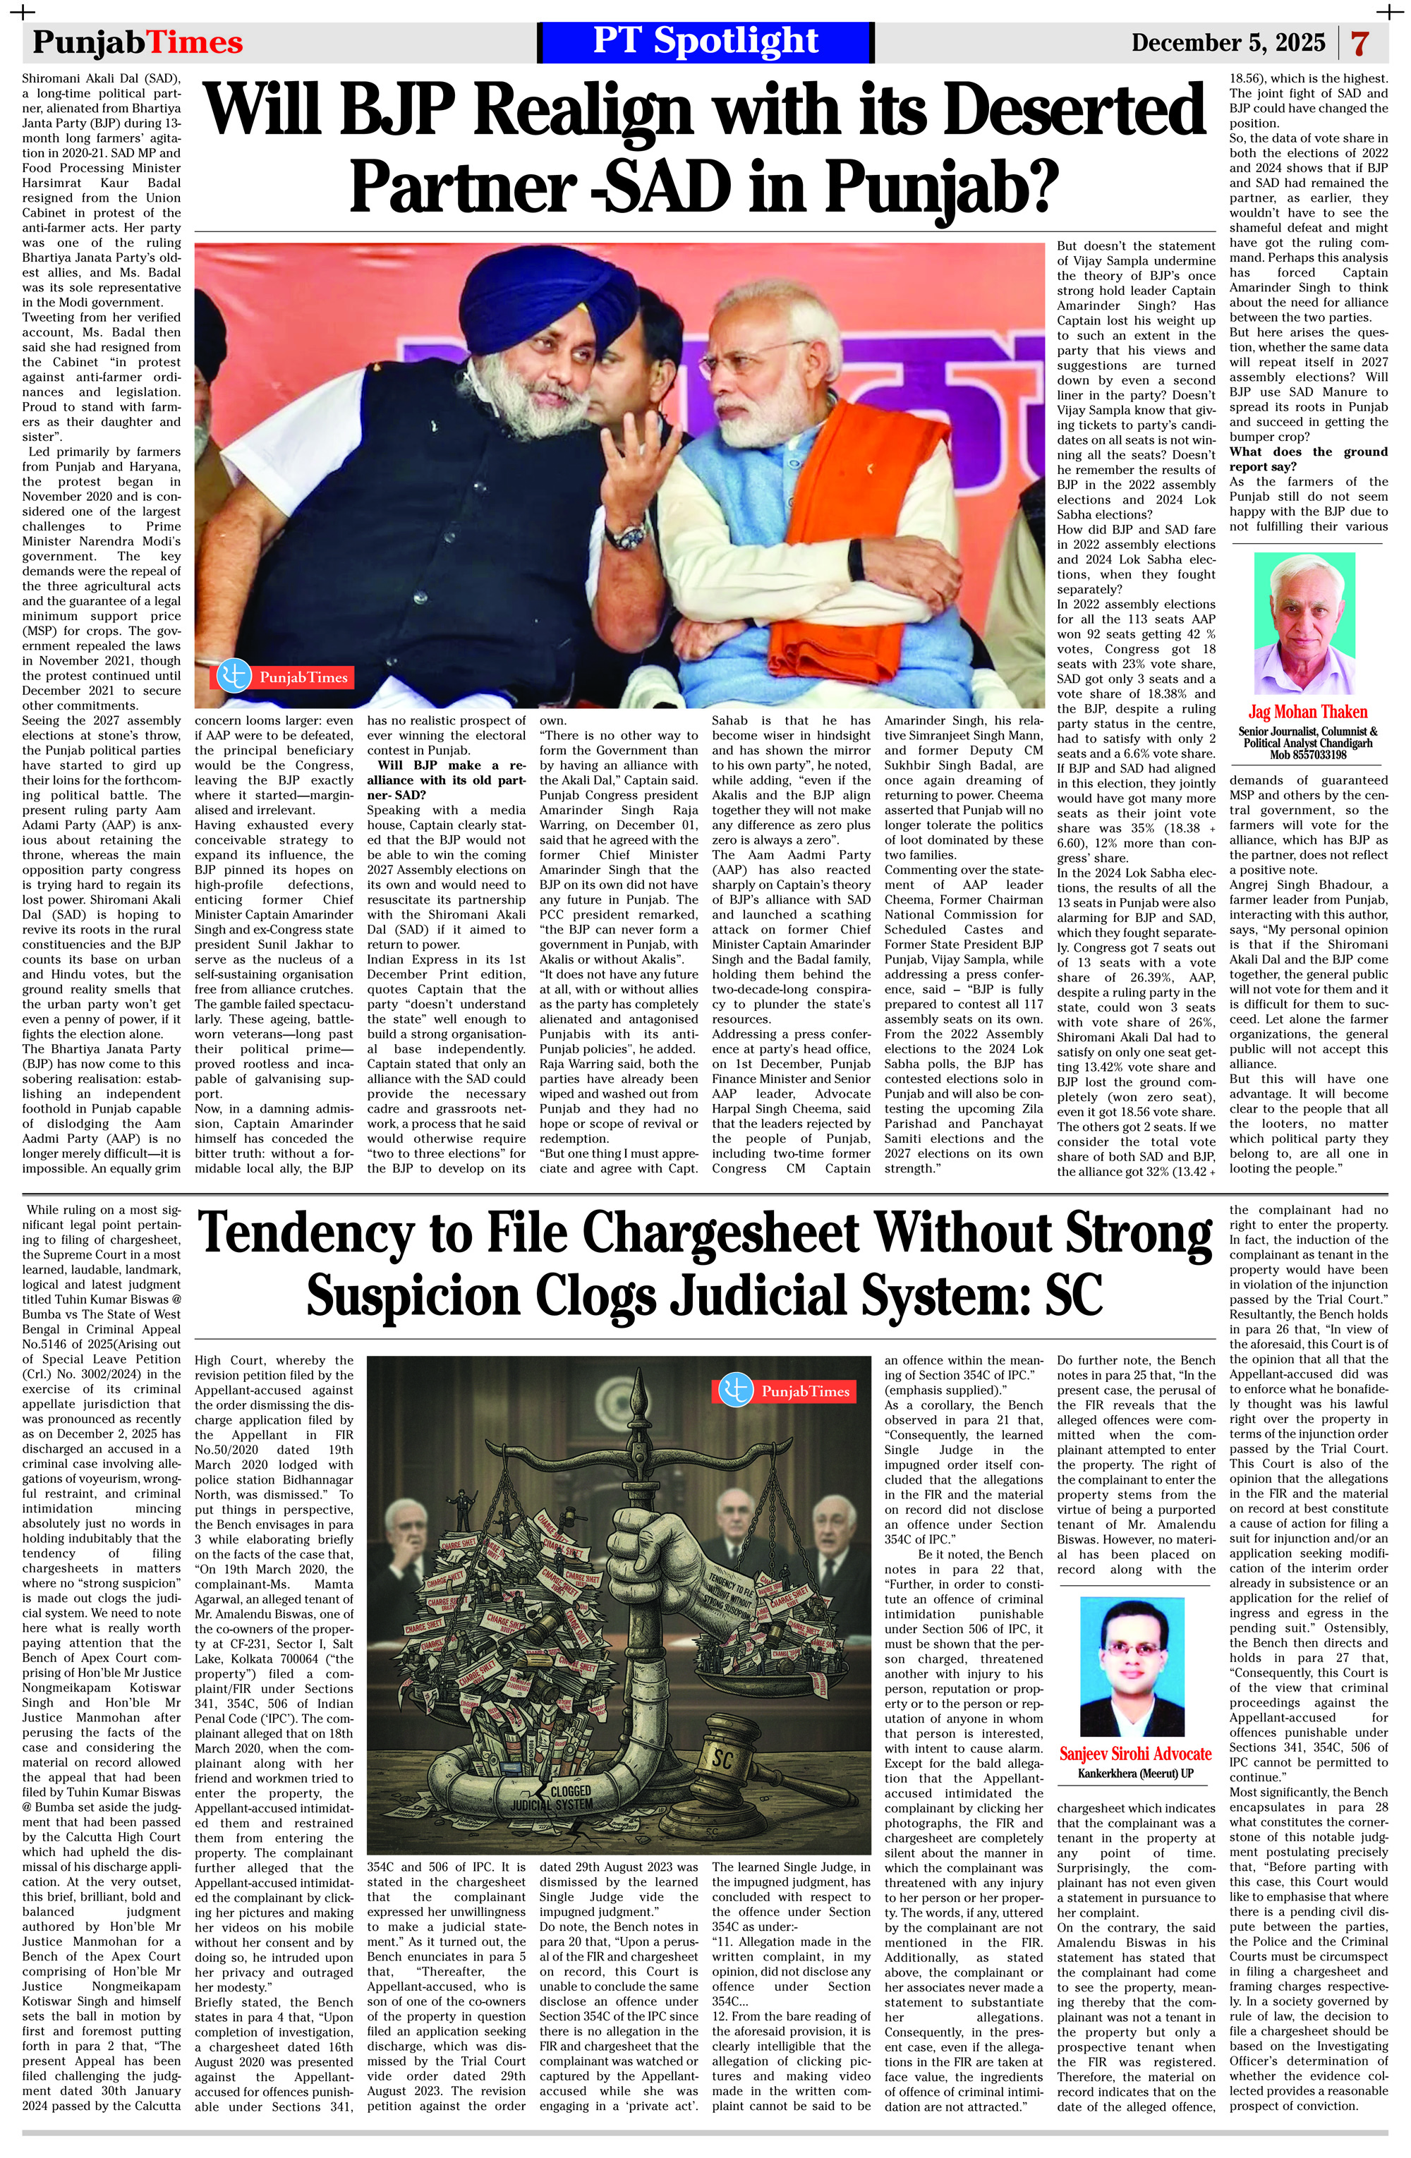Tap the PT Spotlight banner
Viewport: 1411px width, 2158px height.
point(705,42)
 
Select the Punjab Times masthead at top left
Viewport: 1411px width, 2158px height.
point(138,42)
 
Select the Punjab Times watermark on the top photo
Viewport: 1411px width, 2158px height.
point(284,676)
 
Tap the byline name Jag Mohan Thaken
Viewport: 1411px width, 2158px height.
point(1307,712)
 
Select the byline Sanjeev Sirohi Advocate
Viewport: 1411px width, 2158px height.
point(1134,1752)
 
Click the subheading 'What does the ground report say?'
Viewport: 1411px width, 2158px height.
point(1307,459)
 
